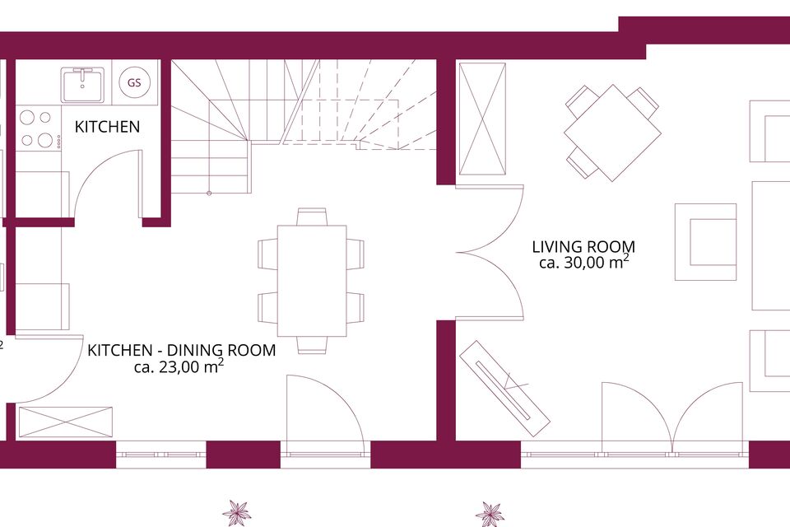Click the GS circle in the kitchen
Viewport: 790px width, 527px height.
coord(134,82)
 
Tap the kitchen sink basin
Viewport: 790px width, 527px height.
coord(82,86)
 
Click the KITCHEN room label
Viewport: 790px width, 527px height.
coord(107,127)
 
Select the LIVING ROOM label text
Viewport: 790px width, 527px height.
coord(583,246)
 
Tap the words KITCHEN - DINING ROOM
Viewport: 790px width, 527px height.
coord(181,350)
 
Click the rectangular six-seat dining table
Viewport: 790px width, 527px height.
coord(312,281)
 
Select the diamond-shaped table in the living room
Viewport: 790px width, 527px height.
coord(612,133)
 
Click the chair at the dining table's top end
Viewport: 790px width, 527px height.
coord(312,217)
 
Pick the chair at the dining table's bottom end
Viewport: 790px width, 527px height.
coord(312,345)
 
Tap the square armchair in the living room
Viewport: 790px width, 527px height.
coord(705,241)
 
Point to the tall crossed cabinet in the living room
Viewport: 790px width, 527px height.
coord(483,119)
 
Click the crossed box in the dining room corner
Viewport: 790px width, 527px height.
coord(66,422)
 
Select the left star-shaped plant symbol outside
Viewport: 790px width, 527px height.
coord(236,513)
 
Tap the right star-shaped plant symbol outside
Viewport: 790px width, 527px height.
coord(490,514)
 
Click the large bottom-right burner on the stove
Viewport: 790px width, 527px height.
coord(45,140)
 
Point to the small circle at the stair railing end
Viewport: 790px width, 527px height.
coord(209,193)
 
